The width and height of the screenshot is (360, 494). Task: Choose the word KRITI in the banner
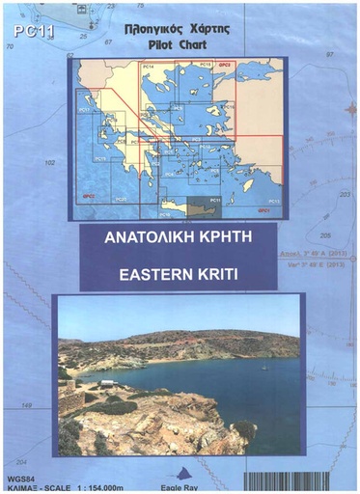point(215,272)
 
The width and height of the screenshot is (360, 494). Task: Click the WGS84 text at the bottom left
point(19,476)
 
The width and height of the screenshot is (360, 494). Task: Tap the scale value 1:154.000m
point(93,485)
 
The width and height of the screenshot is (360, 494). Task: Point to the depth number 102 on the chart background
point(51,162)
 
